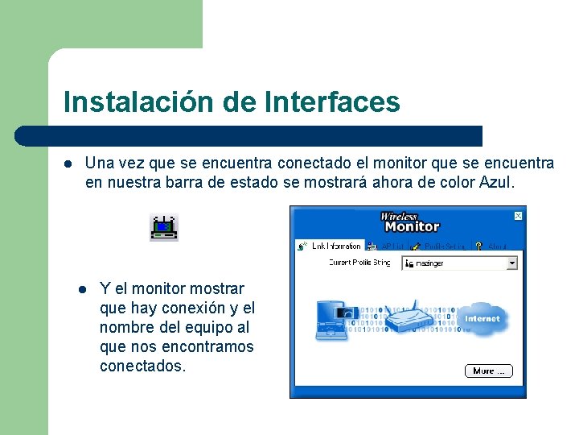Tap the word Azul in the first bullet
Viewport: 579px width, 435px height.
click(495, 182)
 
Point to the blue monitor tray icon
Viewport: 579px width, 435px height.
click(164, 228)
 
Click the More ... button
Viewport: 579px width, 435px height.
click(488, 371)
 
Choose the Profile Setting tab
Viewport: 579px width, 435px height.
click(441, 246)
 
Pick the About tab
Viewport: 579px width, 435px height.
click(492, 246)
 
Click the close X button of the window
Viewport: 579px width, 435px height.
click(519, 215)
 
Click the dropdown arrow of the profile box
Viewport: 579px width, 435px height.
click(512, 263)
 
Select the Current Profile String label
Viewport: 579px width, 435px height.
click(359, 263)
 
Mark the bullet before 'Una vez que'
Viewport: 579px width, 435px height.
click(68, 164)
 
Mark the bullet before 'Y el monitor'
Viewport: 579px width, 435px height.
click(81, 289)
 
